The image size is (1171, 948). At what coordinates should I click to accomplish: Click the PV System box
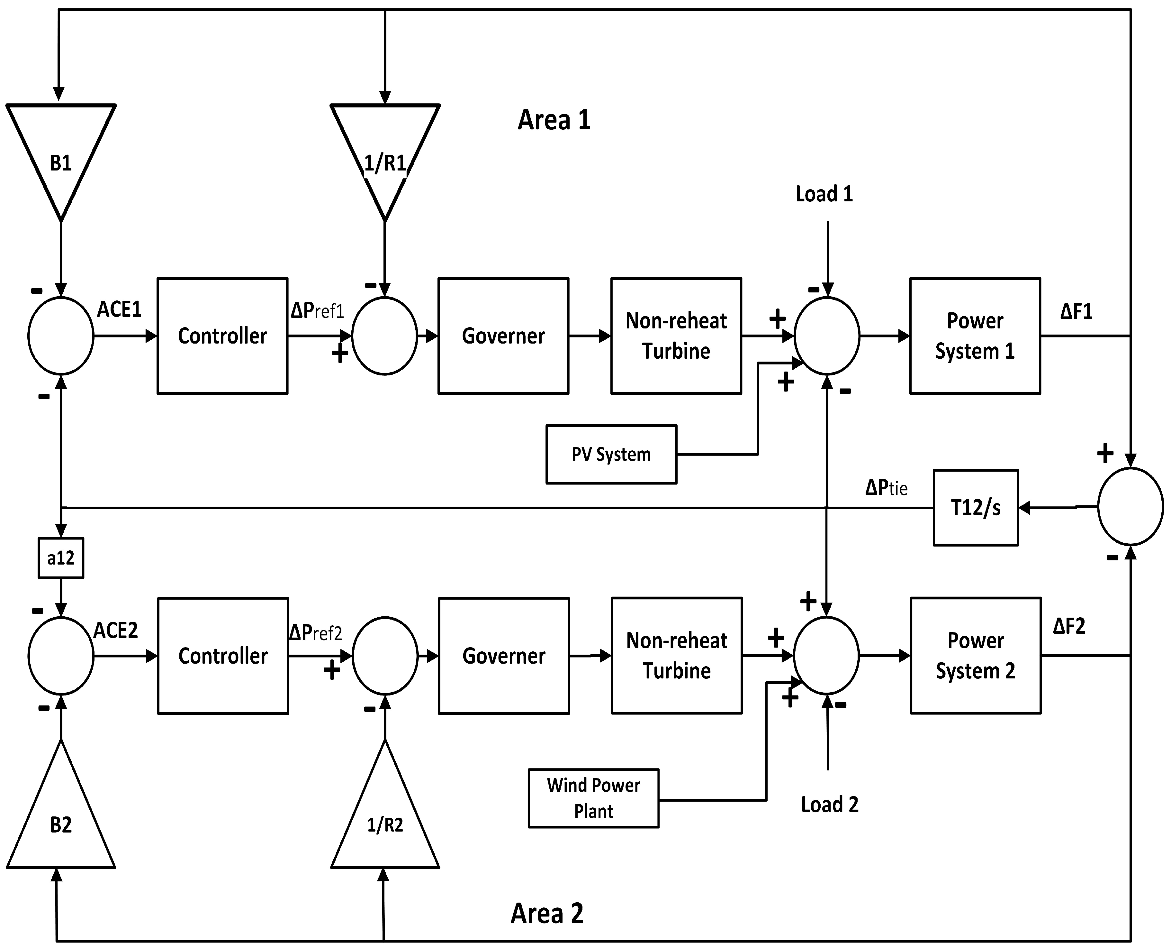[x=611, y=454]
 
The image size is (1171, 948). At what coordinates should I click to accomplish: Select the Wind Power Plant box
[x=593, y=798]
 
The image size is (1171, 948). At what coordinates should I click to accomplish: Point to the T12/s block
[x=975, y=508]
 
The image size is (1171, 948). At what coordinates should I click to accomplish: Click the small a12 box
[x=60, y=558]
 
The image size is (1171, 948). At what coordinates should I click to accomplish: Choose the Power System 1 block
[x=975, y=336]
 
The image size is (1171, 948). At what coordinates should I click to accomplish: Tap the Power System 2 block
[x=975, y=655]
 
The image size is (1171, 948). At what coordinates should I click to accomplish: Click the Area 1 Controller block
[x=222, y=336]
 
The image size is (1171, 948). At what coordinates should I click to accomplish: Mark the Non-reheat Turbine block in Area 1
[x=676, y=336]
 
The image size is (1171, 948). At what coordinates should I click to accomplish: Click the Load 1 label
[x=824, y=194]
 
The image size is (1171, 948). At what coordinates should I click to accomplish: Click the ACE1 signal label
[x=119, y=310]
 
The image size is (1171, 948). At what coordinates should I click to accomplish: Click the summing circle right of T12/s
[x=1130, y=507]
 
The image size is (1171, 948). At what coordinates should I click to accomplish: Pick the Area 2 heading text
[x=547, y=913]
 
